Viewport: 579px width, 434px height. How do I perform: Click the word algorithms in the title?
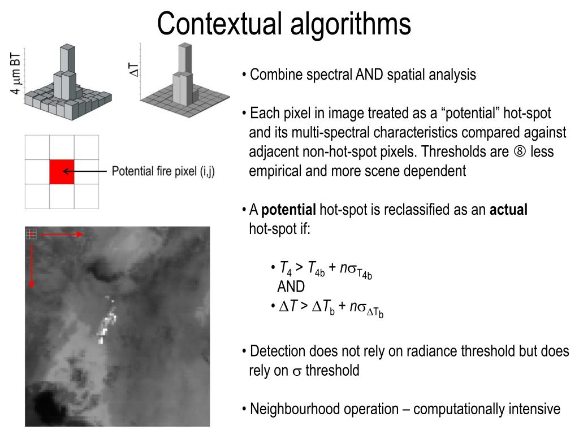pyautogui.click(x=351, y=24)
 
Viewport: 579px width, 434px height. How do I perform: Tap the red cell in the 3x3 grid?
pyautogui.click(x=62, y=171)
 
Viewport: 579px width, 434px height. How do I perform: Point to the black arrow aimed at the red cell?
pyautogui.click(x=85, y=171)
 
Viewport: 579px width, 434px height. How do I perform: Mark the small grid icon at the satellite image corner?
pyautogui.click(x=31, y=233)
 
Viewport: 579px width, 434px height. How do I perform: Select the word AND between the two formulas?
pyautogui.click(x=291, y=287)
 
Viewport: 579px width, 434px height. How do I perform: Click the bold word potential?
pyautogui.click(x=288, y=210)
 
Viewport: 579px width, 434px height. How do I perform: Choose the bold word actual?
pyautogui.click(x=508, y=210)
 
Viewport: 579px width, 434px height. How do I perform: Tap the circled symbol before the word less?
pyautogui.click(x=521, y=153)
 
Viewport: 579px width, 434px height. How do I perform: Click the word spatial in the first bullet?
pyautogui.click(x=409, y=75)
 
